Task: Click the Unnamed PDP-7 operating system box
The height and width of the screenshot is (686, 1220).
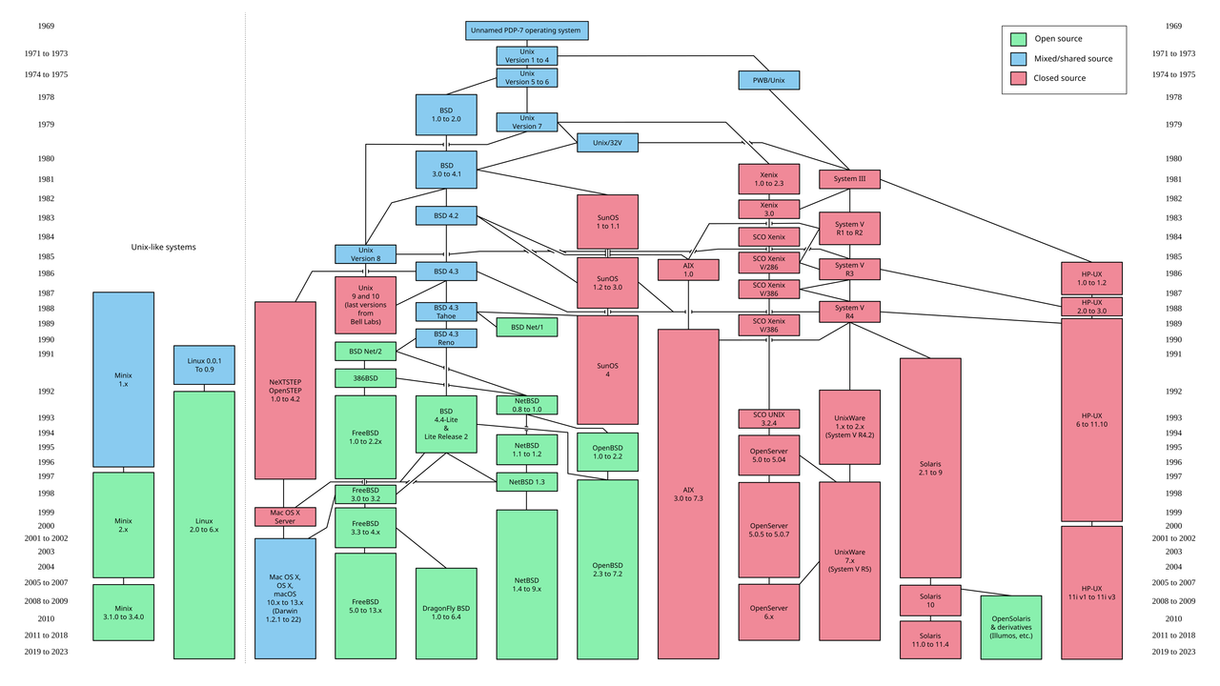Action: tap(526, 30)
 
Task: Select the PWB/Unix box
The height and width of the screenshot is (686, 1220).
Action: tap(768, 80)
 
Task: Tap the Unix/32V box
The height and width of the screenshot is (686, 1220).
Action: tap(607, 143)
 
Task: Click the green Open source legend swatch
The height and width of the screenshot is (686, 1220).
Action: tap(1018, 39)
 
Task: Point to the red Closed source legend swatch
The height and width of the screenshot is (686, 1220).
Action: tap(1018, 78)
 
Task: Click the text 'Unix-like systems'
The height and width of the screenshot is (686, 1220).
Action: tap(163, 247)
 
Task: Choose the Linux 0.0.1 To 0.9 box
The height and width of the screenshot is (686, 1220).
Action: tap(204, 365)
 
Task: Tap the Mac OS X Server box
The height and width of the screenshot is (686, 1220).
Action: tap(285, 516)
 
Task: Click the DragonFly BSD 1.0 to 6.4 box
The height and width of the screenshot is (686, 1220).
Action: tap(446, 613)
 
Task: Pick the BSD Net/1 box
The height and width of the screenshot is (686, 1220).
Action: tap(526, 327)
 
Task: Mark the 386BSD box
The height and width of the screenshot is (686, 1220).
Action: tap(365, 378)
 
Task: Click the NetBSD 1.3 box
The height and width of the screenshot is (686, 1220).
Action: tap(526, 482)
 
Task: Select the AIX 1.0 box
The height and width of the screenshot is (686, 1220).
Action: tap(688, 270)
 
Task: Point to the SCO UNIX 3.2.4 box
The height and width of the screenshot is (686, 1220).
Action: tap(768, 419)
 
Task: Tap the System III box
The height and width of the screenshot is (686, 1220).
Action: tap(849, 179)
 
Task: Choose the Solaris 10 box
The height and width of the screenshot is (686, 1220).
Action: tap(930, 600)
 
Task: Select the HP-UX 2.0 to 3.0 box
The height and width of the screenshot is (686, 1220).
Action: tap(1091, 307)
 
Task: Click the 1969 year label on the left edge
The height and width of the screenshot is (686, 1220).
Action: tap(47, 27)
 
